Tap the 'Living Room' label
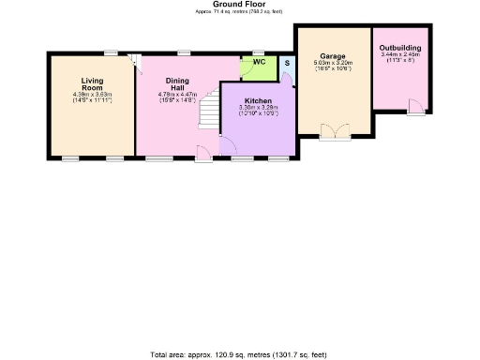[92, 84]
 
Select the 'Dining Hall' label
[177, 84]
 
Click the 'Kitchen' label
[258, 99]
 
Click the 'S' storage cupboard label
[287, 64]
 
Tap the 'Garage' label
[333, 55]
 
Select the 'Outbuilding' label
[399, 47]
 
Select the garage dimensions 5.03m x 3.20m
[333, 64]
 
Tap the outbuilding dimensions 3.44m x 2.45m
[399, 55]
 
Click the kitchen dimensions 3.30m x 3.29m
[258, 109]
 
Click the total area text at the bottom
[240, 354]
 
